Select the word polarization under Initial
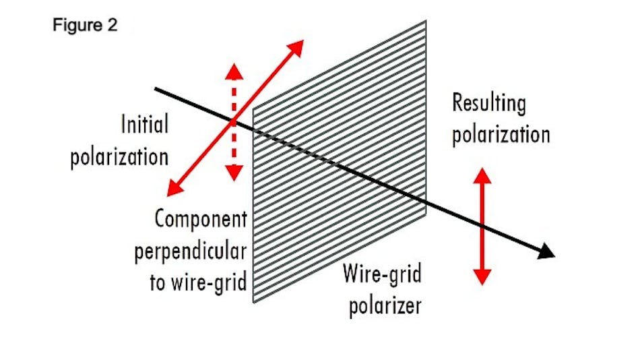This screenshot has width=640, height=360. pos(119,157)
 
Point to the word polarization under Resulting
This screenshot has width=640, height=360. pos(501,133)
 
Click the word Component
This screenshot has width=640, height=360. pos(201,218)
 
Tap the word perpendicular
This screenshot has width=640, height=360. pos(191,250)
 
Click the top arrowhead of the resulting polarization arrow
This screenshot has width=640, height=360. pos(482,173)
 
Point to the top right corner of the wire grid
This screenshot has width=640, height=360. pos(426,21)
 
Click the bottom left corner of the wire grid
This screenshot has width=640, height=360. pos(253,303)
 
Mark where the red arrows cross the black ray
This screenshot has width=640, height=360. pos(233,122)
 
